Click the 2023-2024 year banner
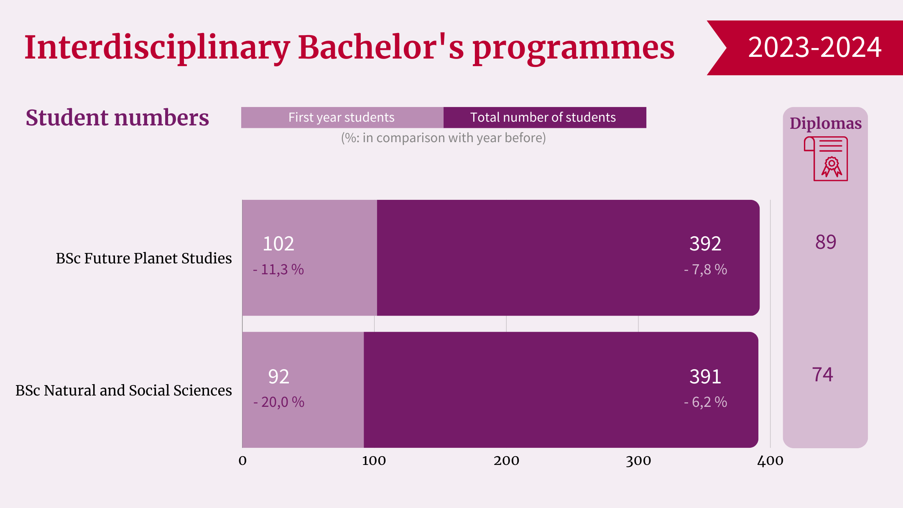tap(814, 47)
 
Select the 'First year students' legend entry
tap(342, 117)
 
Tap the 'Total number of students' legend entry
tap(543, 117)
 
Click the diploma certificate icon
tap(826, 159)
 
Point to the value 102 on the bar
tap(278, 244)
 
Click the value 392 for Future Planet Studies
tap(705, 244)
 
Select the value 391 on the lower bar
tap(705, 377)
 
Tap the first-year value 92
tap(278, 377)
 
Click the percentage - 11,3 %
tap(278, 270)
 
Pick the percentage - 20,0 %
tap(279, 402)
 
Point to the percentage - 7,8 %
tap(706, 270)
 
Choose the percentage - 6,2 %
tap(706, 402)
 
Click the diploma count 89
tap(826, 242)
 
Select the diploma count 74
tap(823, 375)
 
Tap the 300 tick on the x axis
tap(638, 461)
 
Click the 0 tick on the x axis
tap(242, 461)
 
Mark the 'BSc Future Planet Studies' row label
tap(144, 258)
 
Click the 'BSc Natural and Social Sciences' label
tap(124, 391)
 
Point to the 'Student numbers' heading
tap(117, 118)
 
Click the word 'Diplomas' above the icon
tap(826, 123)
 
